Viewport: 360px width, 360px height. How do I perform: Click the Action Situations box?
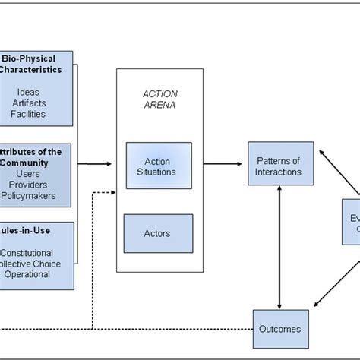(159, 166)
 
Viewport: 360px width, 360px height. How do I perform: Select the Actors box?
(157, 233)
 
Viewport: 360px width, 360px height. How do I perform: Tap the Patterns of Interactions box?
(279, 166)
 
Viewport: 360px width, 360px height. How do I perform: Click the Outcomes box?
(280, 329)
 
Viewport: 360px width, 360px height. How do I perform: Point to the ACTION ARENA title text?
(159, 98)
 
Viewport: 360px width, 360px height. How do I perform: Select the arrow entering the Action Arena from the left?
(95, 163)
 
